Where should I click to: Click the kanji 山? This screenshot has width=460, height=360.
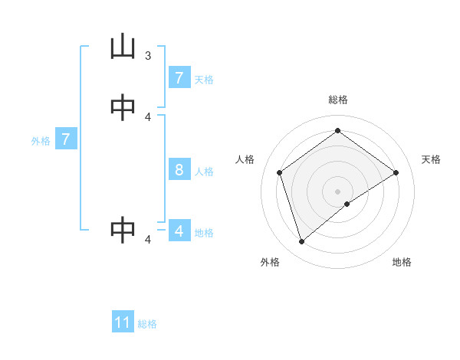click(123, 47)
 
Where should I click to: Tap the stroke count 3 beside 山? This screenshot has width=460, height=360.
click(148, 55)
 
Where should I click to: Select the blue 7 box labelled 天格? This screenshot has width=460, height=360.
click(179, 77)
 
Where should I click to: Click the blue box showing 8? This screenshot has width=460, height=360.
click(179, 169)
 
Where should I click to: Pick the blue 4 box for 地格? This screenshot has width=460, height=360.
click(179, 231)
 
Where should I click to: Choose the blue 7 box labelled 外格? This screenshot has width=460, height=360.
click(66, 139)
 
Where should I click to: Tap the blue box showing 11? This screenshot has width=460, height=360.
click(123, 322)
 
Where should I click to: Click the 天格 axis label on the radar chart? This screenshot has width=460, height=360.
click(431, 159)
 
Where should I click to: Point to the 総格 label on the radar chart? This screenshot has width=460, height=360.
click(337, 100)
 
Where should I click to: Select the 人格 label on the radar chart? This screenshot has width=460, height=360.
click(245, 159)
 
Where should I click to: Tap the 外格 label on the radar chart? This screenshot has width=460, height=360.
click(269, 262)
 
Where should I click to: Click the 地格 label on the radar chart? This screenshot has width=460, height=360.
click(402, 262)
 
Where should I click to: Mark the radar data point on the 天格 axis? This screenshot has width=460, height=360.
click(396, 172)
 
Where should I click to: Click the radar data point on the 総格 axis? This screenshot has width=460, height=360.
click(337, 130)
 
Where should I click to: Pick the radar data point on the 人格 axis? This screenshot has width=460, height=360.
click(279, 172)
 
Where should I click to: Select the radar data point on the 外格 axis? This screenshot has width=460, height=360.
click(301, 242)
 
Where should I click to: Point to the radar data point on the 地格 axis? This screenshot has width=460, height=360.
click(347, 204)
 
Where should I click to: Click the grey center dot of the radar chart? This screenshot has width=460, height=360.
click(337, 191)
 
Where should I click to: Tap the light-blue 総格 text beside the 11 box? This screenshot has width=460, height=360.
click(147, 324)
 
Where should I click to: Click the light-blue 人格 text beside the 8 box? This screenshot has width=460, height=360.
click(204, 171)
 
